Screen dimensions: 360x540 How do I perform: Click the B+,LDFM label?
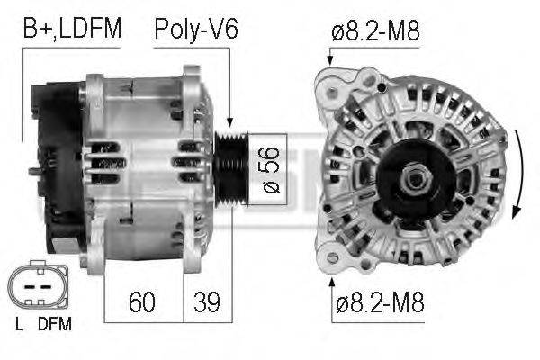pyautogui.click(x=72, y=29)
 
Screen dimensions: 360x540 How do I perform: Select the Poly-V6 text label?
pyautogui.click(x=195, y=29)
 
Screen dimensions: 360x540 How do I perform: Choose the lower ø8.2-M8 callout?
pyautogui.click(x=378, y=303)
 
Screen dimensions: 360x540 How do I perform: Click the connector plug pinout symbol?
pyautogui.click(x=39, y=287)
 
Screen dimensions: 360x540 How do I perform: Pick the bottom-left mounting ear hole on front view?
pyautogui.click(x=332, y=258)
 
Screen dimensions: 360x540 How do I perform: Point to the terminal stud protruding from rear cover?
pyautogui.click(x=32, y=171)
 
